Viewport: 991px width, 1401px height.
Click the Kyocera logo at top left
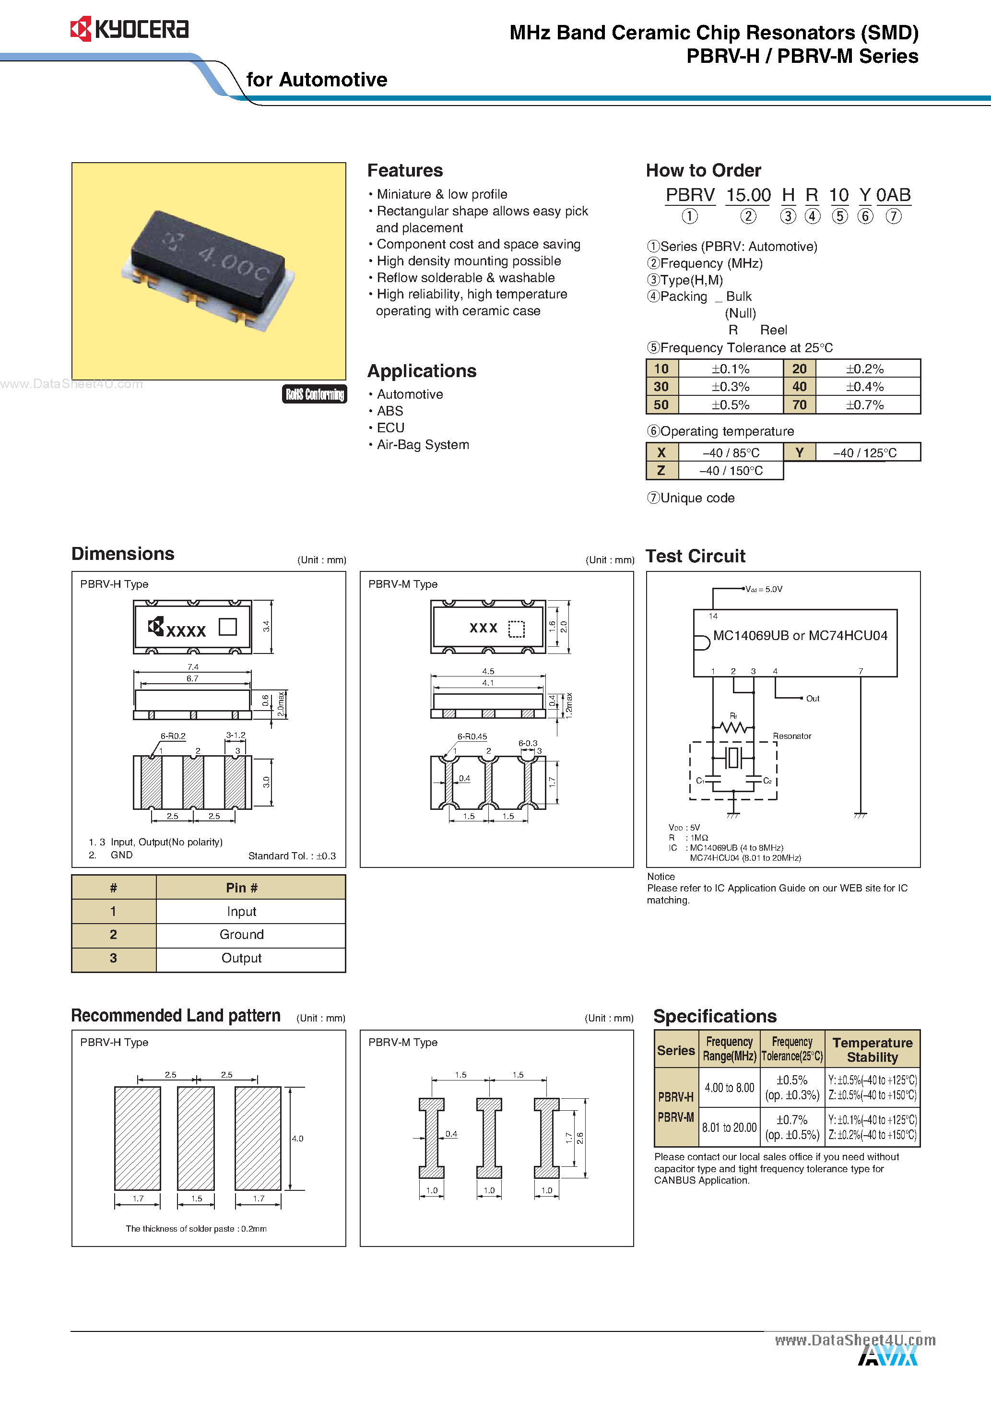click(130, 29)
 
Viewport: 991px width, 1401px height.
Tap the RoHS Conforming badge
click(314, 394)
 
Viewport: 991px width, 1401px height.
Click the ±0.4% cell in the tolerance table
click(865, 387)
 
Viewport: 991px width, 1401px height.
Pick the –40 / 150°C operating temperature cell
click(731, 471)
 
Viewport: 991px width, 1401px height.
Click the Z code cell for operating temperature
click(661, 471)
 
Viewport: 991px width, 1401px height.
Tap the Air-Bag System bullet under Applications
click(422, 445)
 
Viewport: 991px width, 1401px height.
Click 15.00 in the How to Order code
click(748, 195)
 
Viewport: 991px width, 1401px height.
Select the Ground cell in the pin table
click(242, 935)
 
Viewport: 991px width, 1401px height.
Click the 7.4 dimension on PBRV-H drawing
click(193, 667)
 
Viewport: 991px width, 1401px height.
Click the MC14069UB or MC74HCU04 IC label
click(800, 636)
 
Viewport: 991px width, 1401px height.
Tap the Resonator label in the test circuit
click(792, 736)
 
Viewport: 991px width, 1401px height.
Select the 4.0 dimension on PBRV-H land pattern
click(297, 1139)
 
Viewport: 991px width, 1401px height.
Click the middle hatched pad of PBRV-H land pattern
click(196, 1138)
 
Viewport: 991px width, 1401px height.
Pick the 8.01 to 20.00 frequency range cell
click(729, 1128)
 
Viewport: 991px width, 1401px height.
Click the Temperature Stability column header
click(872, 1049)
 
